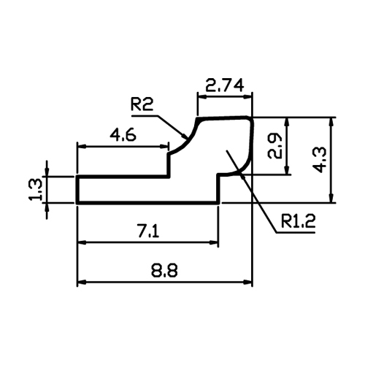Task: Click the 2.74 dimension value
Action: (224, 85)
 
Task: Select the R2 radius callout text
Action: (142, 104)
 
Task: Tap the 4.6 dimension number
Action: (123, 135)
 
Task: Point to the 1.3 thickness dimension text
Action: (36, 189)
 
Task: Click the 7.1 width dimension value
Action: (148, 231)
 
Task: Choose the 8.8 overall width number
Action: (164, 270)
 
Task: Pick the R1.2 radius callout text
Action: (298, 221)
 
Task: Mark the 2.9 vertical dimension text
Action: (274, 146)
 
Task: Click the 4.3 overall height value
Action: (319, 160)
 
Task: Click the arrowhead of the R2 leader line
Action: (185, 137)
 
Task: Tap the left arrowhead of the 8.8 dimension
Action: (81, 283)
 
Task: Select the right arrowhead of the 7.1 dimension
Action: (214, 242)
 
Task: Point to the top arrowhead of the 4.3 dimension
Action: (331, 121)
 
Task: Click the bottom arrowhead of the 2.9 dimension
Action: (288, 170)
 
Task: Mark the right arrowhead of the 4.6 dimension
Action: (164, 146)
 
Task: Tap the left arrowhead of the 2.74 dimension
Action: (202, 96)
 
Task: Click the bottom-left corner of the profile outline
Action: (77, 203)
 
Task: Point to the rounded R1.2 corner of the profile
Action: (246, 166)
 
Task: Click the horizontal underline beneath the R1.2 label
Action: (296, 233)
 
